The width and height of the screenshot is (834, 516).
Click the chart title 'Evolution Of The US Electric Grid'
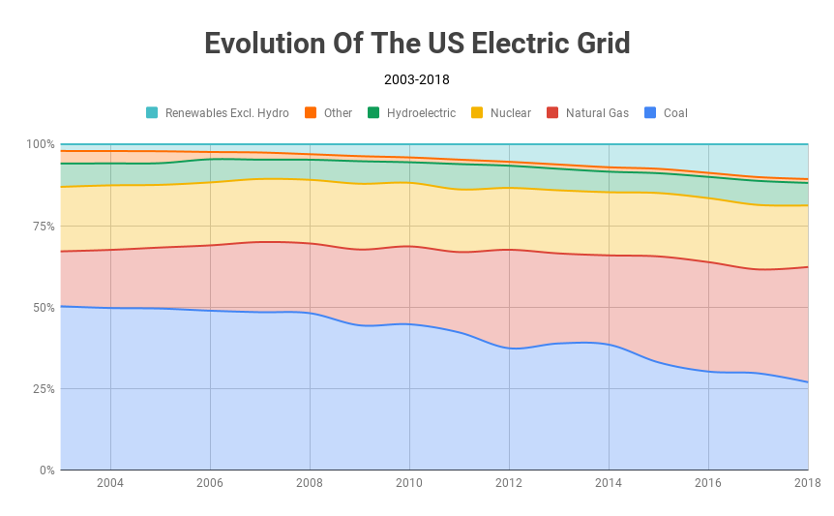417,44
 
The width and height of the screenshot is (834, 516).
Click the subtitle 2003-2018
417,80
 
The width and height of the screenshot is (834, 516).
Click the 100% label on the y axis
40,144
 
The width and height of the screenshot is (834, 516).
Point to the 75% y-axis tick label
43,226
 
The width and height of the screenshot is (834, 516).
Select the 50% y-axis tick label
43,308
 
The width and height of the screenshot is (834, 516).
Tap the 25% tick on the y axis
43,389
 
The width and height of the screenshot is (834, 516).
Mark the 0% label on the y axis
45,470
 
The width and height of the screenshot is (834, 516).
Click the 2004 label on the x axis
110,483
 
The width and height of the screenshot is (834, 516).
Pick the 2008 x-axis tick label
310,483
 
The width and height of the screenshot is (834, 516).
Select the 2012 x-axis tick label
509,483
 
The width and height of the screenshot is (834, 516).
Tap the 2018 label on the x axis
806,483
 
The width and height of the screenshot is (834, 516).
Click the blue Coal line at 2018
808,382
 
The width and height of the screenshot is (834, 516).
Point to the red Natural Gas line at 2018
808,267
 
